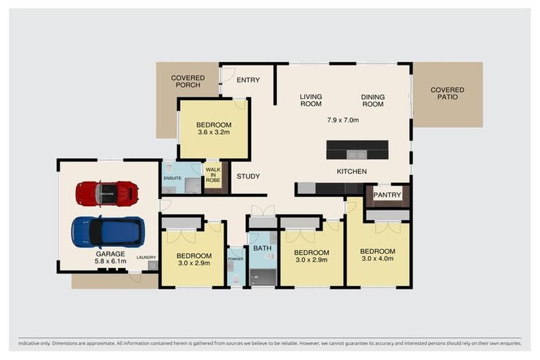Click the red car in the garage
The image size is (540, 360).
[107, 193]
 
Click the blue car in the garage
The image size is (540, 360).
[108, 231]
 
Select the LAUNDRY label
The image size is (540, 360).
[146, 257]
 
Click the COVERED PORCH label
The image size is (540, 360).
[188, 82]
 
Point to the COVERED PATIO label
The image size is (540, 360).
[447, 93]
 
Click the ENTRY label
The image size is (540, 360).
[247, 80]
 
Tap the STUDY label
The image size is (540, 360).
[248, 176]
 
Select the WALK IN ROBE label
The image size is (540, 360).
[212, 174]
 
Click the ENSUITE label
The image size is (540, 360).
[173, 179]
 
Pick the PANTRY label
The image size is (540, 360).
[387, 195]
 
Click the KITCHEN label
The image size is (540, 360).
[352, 172]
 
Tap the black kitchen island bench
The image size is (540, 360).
[356, 149]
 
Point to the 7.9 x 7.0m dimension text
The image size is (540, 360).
[343, 120]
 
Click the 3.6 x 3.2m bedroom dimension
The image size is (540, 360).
[213, 132]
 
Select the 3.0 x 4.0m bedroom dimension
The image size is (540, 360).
[378, 259]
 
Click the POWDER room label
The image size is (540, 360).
[236, 258]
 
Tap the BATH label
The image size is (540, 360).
[262, 249]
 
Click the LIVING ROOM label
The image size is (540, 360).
[310, 101]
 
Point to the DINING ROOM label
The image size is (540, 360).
[373, 101]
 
